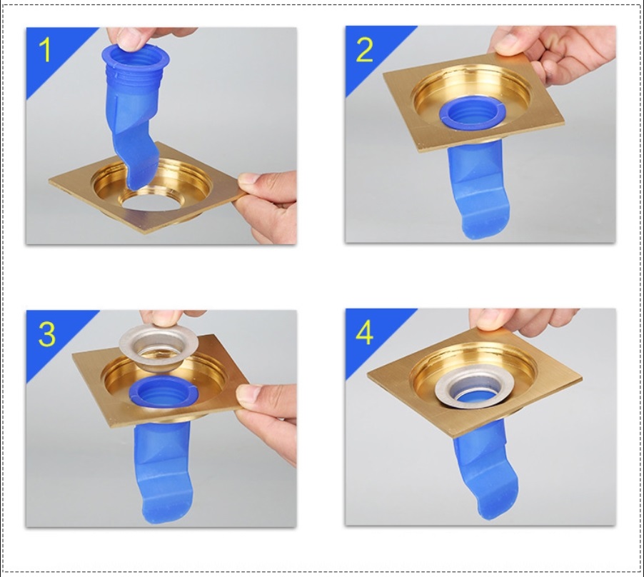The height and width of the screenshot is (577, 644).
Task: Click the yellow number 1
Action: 45,51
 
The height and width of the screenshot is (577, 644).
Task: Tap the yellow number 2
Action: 365,51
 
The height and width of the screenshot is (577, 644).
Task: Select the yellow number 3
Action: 46,334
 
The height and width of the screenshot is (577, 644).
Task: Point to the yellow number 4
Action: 365,333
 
